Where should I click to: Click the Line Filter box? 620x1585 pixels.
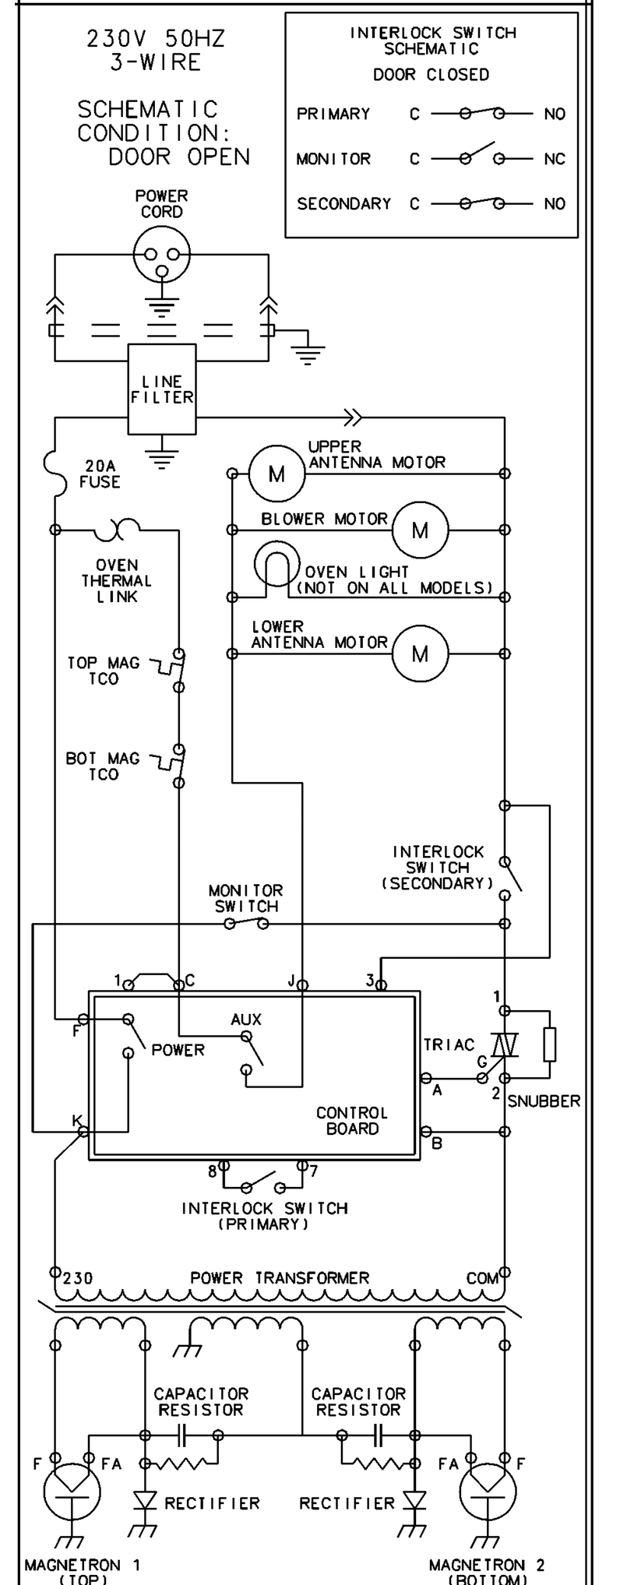point(161,389)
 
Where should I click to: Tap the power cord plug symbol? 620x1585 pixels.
point(161,254)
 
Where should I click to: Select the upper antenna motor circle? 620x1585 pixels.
point(277,473)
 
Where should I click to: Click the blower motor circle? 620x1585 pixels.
point(420,530)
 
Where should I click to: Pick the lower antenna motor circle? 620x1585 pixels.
point(420,653)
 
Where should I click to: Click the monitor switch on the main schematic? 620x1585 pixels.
point(246,923)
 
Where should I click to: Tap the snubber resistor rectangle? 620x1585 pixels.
point(550,1044)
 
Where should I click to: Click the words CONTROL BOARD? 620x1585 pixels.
point(352,1120)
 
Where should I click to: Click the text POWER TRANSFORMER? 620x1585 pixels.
point(280,1278)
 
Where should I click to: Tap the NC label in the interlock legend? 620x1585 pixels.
point(555,159)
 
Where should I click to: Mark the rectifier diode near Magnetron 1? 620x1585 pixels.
point(145,1499)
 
